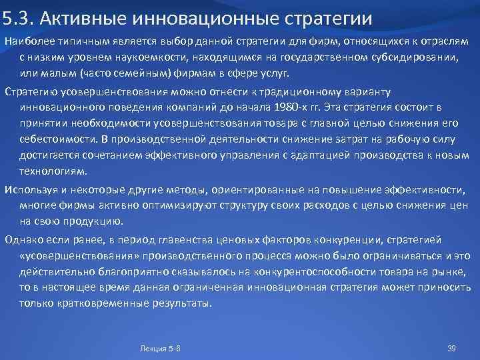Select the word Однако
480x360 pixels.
pos(23,240)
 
